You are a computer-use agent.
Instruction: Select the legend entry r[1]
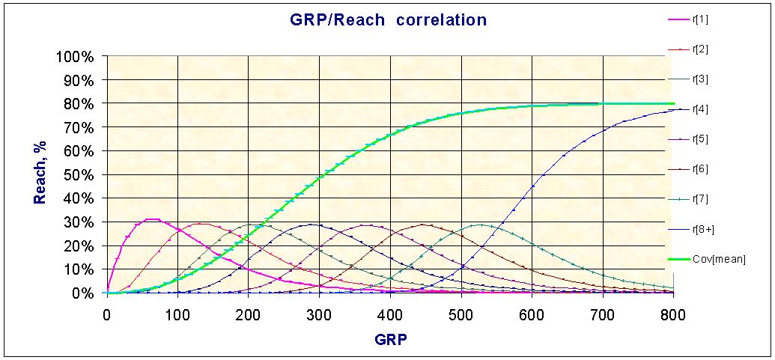[701, 19]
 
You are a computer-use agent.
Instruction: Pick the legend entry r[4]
[701, 109]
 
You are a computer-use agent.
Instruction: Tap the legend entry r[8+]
[703, 229]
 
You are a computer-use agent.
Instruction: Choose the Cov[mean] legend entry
[719, 259]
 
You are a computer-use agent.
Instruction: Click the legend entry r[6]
[701, 169]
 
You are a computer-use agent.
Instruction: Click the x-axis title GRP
[390, 338]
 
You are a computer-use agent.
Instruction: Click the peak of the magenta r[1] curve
[152, 219]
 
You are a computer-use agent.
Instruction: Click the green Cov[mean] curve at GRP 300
[320, 177]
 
